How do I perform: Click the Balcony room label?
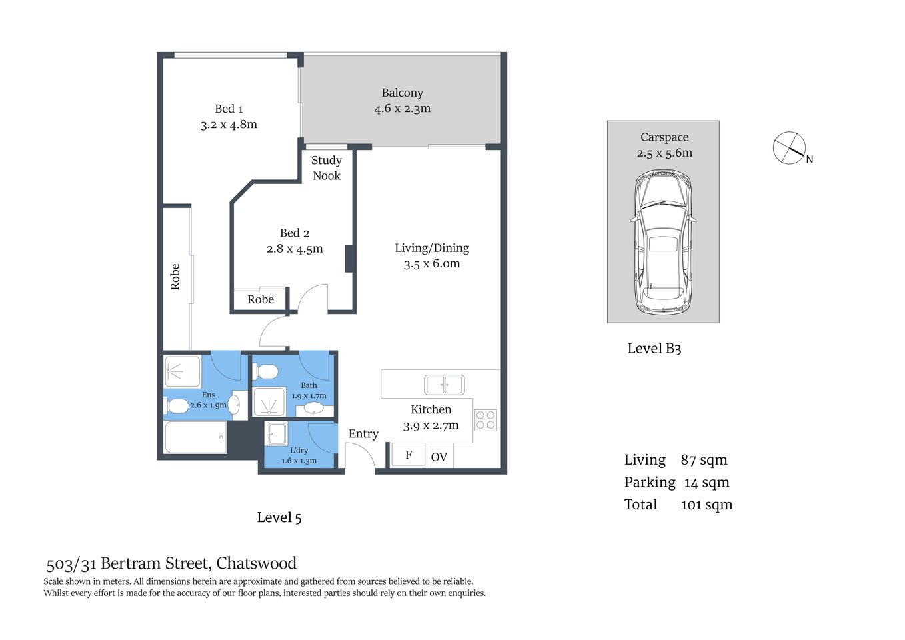pos(402,93)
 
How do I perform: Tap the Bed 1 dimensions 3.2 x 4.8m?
pos(229,125)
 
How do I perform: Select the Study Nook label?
pos(326,168)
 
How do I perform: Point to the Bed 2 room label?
pos(295,233)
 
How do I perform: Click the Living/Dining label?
pos(432,248)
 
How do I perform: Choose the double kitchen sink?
pos(445,385)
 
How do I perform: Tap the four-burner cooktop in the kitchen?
pos(485,420)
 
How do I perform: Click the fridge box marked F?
pos(408,455)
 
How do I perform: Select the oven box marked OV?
pos(439,457)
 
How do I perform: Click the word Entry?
pos(363,434)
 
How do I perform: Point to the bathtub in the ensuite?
pos(195,437)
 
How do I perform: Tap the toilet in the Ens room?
pos(177,405)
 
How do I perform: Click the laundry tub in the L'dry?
pos(277,434)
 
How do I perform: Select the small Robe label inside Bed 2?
pos(261,300)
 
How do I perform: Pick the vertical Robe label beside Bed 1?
pos(175,277)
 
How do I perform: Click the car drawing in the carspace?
pos(663,242)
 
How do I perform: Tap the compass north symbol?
pos(790,148)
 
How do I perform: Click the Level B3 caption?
pos(654,349)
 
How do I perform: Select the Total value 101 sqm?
pos(706,505)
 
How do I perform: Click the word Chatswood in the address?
pos(257,563)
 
